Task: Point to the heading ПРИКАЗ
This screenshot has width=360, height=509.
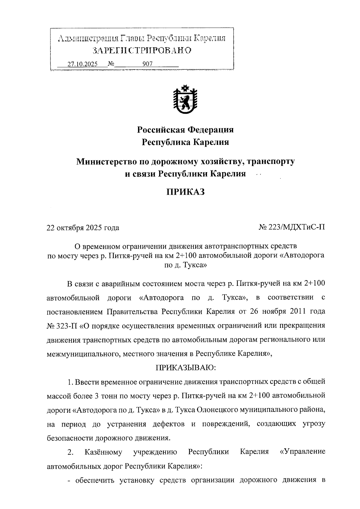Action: click(x=185, y=192)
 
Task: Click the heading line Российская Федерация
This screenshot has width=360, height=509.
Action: click(x=185, y=130)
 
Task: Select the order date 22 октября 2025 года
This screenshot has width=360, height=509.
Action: click(x=83, y=228)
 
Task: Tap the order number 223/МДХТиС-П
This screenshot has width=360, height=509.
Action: click(x=295, y=228)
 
